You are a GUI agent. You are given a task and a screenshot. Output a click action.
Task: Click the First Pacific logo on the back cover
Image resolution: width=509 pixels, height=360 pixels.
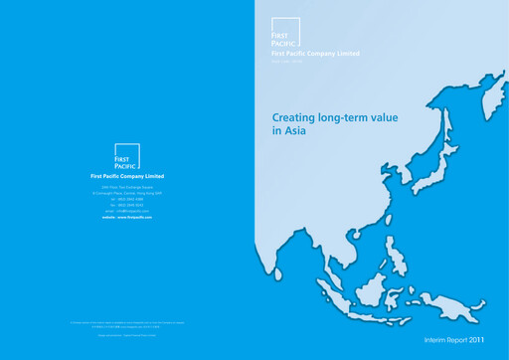coord(127,157)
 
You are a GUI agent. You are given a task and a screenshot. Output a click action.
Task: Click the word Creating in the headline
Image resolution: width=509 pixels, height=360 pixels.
coord(294,117)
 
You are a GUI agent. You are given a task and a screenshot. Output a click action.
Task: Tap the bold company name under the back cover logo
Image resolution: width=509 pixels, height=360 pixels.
coord(127,176)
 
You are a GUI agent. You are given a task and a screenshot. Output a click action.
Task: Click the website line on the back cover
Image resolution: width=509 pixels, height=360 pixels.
coord(127,217)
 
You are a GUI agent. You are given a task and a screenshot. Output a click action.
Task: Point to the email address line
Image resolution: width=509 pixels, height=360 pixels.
coord(127,210)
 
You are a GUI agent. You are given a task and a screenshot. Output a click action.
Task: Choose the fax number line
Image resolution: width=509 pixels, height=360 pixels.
coord(127,204)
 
